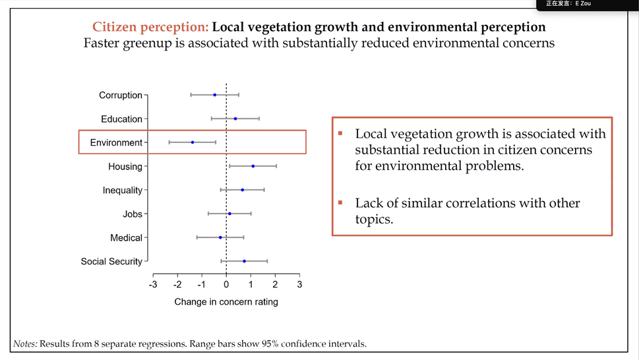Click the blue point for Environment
pyautogui.click(x=193, y=142)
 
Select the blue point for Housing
pyautogui.click(x=253, y=166)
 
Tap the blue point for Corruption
pyautogui.click(x=214, y=95)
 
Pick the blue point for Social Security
pyautogui.click(x=244, y=261)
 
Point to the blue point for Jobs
pyautogui.click(x=229, y=214)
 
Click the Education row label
pyautogui.click(x=121, y=119)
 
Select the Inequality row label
pyautogui.click(x=122, y=191)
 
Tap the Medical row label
pyautogui.click(x=126, y=238)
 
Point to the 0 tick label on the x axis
pyautogui.click(x=226, y=285)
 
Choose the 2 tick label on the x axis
pyautogui.click(x=275, y=285)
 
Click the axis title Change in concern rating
pyautogui.click(x=226, y=302)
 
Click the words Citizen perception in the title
pyautogui.click(x=150, y=27)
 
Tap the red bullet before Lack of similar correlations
pyautogui.click(x=340, y=202)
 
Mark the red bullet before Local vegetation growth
pyautogui.click(x=340, y=133)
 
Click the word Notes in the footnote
pyautogui.click(x=25, y=344)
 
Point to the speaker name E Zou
pyautogui.click(x=583, y=4)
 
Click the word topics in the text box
pyautogui.click(x=373, y=220)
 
